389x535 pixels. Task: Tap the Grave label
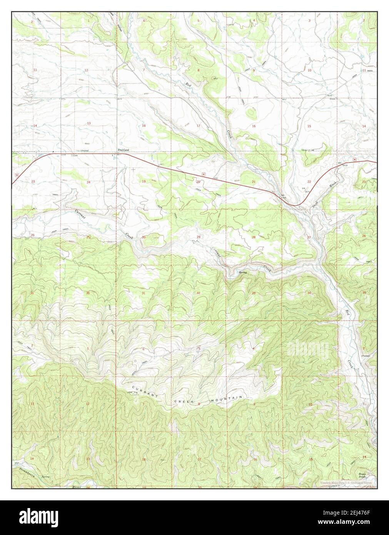[332, 99]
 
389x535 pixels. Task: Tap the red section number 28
[254, 237]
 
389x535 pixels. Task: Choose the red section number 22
[309, 181]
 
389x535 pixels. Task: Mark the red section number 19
[144, 181]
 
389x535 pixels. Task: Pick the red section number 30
[144, 237]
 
